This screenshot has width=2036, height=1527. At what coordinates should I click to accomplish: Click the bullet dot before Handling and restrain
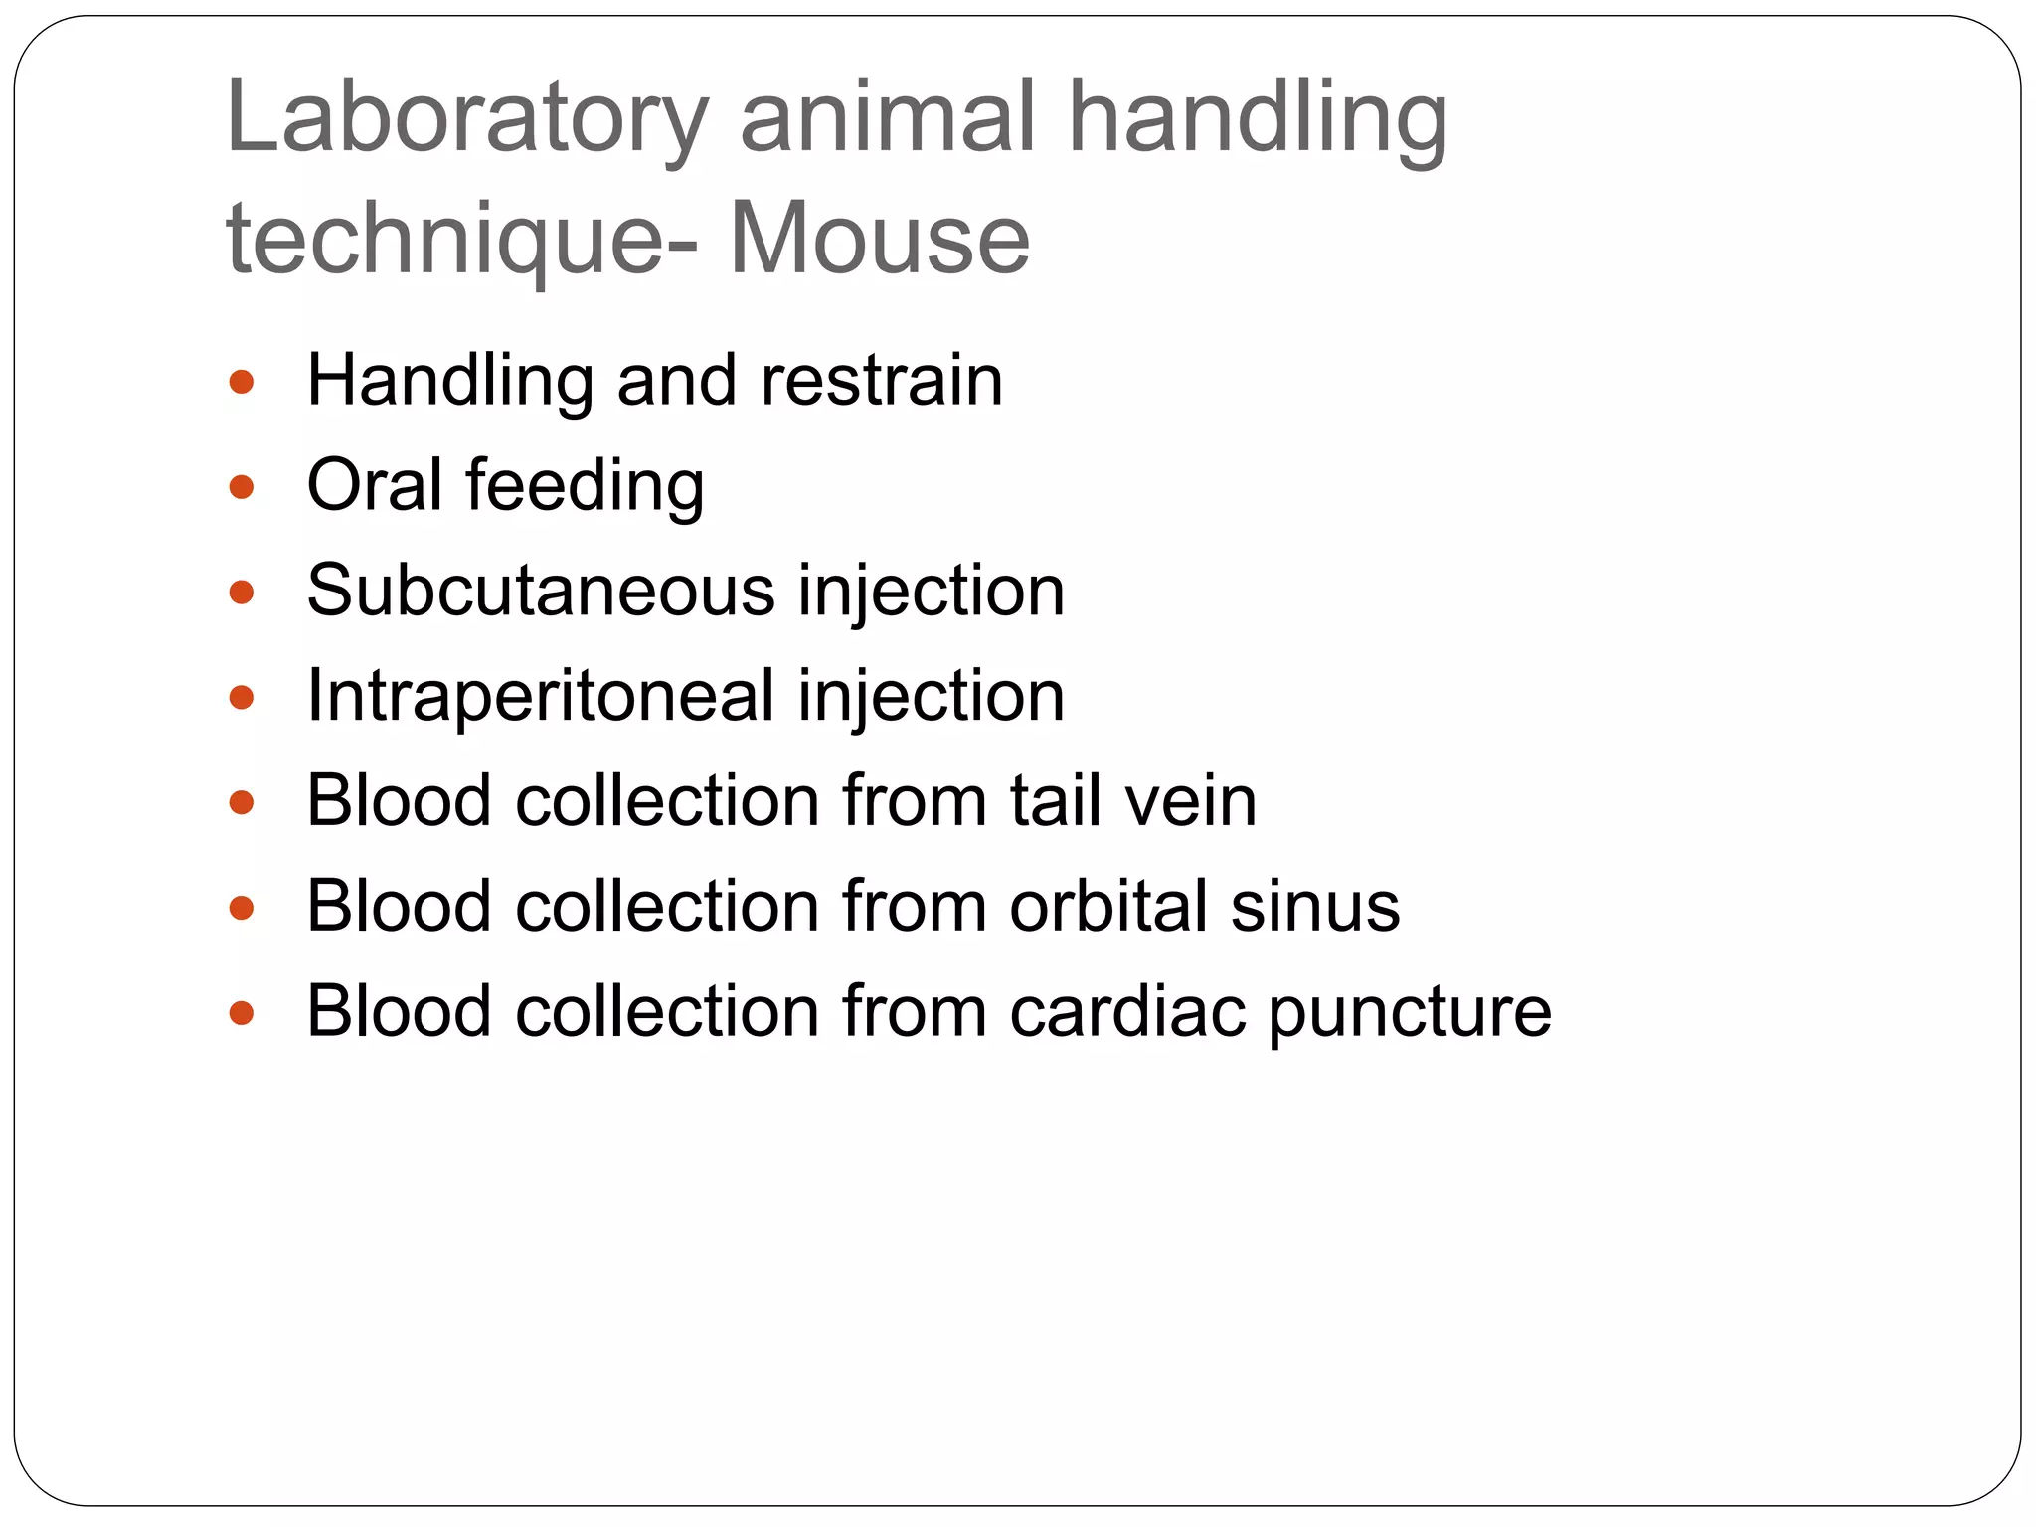click(x=242, y=382)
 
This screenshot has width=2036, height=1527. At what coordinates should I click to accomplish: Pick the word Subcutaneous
click(x=541, y=591)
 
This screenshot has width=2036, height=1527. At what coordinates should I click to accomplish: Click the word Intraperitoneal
click(x=541, y=696)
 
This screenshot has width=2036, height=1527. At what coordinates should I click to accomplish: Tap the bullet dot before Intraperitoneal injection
click(x=242, y=697)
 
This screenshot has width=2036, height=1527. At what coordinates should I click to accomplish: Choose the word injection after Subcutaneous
click(x=932, y=593)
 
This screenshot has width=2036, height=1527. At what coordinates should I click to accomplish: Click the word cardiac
click(x=1126, y=1012)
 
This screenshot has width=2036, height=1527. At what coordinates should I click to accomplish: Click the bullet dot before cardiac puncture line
click(x=242, y=1013)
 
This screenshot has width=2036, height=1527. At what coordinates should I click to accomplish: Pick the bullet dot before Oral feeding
click(x=242, y=487)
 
